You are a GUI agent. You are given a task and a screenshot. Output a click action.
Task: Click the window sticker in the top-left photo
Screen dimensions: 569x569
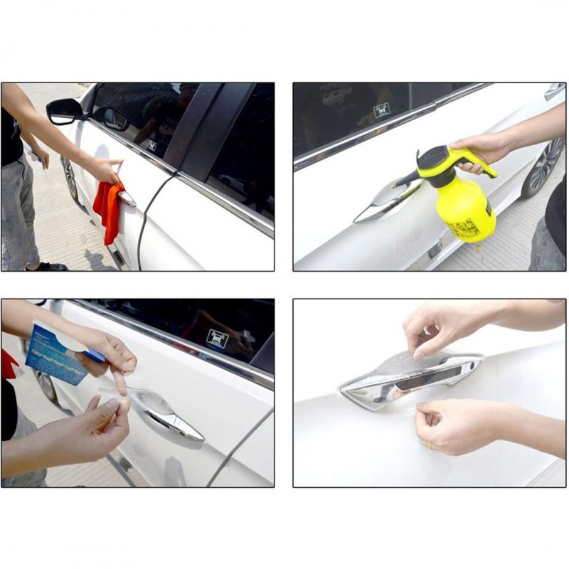coord(151,145)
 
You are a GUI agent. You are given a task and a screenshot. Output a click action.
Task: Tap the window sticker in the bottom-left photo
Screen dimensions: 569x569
coord(217,339)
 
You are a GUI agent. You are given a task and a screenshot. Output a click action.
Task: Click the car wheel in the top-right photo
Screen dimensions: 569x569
coord(544,168)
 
